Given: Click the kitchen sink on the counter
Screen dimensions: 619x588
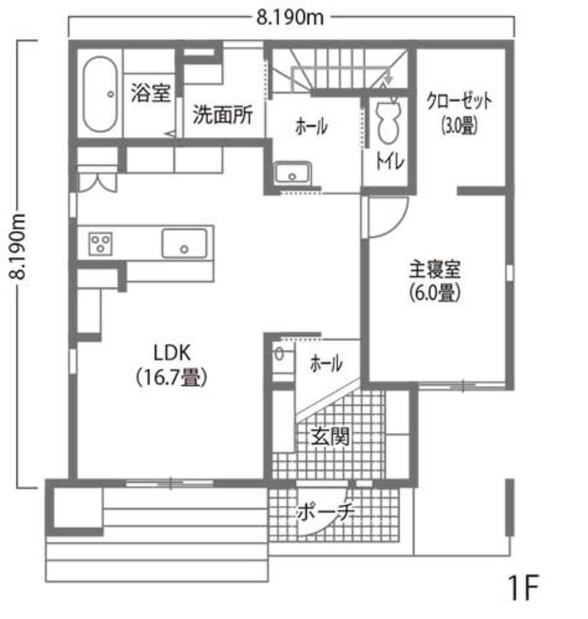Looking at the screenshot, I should coord(185,244).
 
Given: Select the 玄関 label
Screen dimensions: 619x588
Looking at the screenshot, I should coord(329,435).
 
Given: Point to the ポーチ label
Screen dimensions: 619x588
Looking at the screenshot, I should coord(326,511).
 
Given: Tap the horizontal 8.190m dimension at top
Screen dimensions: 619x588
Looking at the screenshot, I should coord(290,17).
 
